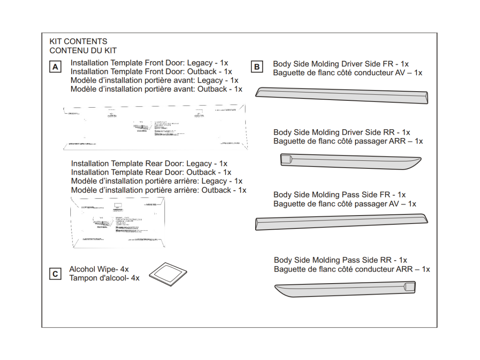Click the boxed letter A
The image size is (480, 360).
(x=55, y=67)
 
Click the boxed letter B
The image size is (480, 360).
(x=257, y=67)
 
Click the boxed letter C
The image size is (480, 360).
(x=55, y=274)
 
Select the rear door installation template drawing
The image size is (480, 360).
(x=118, y=222)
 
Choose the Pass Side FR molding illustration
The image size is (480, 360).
(x=341, y=222)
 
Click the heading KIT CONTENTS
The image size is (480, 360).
(x=78, y=42)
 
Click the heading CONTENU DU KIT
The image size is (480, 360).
(x=83, y=51)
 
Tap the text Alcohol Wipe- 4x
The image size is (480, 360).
(x=99, y=269)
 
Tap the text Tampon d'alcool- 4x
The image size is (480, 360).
(x=104, y=278)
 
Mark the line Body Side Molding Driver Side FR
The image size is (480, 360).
(x=341, y=64)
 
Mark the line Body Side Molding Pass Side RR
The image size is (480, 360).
(x=340, y=260)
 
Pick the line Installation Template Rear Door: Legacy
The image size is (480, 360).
(x=149, y=164)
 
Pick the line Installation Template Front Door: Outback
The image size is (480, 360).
(x=151, y=72)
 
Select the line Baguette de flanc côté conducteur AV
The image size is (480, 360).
(x=348, y=73)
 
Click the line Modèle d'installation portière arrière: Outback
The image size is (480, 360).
(x=158, y=190)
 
